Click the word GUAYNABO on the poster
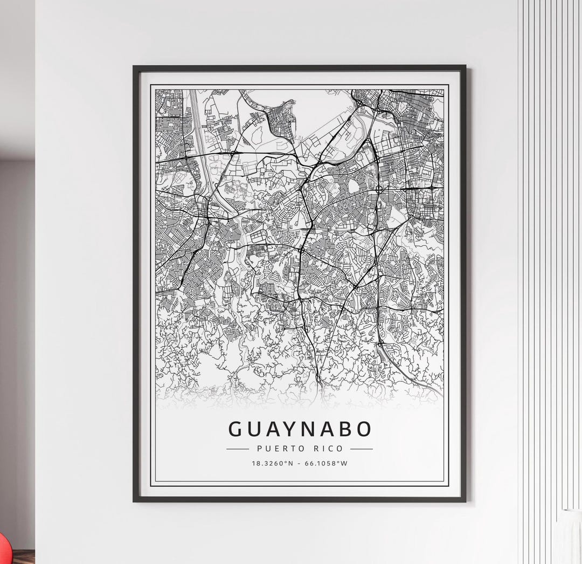(x=300, y=429)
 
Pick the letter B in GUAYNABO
(x=345, y=429)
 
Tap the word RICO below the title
(x=329, y=449)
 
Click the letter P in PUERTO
(x=260, y=449)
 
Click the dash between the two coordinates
(x=299, y=463)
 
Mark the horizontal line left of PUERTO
(x=238, y=449)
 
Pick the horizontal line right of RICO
(x=362, y=449)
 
